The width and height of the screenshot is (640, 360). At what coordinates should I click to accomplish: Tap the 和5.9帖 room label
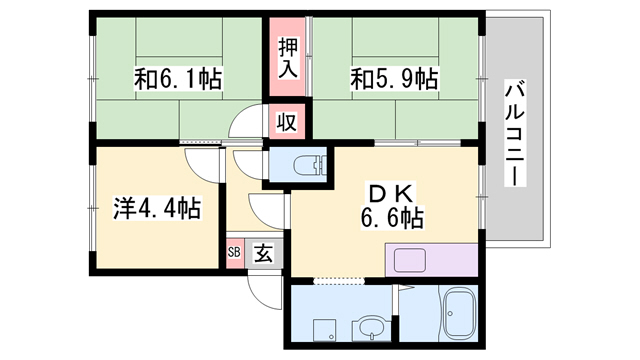pyautogui.click(x=394, y=78)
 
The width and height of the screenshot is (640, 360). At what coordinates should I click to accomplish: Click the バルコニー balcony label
pyautogui.click(x=515, y=130)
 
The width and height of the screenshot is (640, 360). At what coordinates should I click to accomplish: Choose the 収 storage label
pyautogui.click(x=286, y=122)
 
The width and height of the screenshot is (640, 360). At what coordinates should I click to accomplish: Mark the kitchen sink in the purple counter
pyautogui.click(x=411, y=260)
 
